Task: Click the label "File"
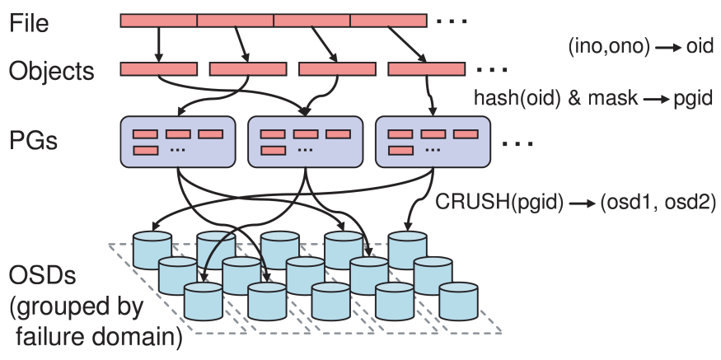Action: click(x=29, y=22)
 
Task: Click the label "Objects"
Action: click(x=51, y=71)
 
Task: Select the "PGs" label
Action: click(x=33, y=140)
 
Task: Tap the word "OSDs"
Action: click(x=42, y=275)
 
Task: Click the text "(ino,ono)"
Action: click(x=609, y=47)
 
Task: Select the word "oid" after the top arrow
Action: click(x=700, y=46)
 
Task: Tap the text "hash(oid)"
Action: click(x=517, y=98)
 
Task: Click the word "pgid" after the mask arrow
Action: click(x=694, y=98)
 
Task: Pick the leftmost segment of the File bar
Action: click(x=159, y=21)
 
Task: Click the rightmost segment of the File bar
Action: click(x=389, y=21)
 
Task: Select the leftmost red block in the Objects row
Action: click(x=159, y=69)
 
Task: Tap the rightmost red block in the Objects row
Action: click(x=426, y=69)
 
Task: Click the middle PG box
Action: click(x=306, y=142)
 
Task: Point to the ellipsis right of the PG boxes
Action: click(x=517, y=144)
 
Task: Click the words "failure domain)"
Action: click(x=99, y=337)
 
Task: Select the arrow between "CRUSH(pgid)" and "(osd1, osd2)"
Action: click(x=582, y=203)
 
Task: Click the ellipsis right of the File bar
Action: click(x=452, y=21)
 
